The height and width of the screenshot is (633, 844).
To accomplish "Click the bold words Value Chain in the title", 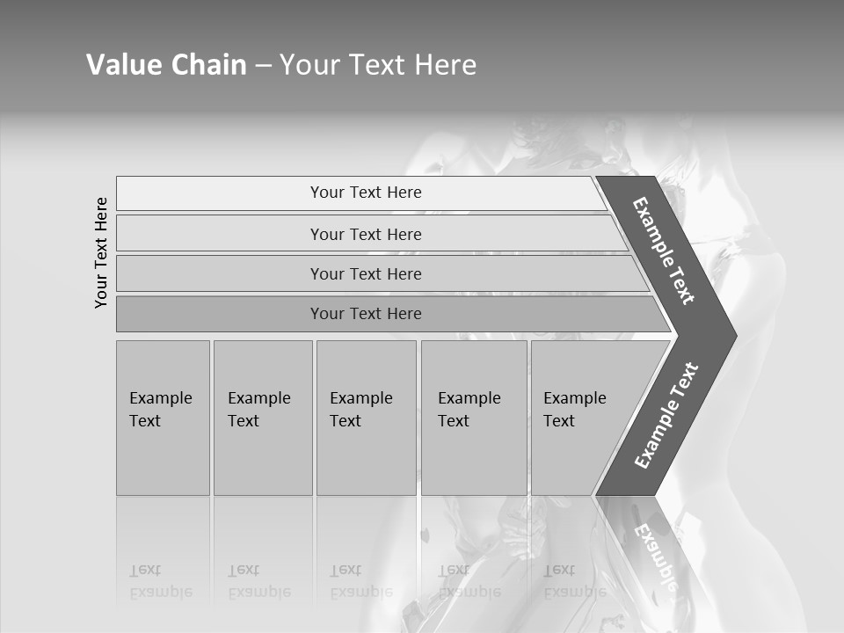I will pos(166,65).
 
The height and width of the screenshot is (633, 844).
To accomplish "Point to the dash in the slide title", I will pos(263,66).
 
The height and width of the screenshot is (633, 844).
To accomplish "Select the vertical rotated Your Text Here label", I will pos(101,252).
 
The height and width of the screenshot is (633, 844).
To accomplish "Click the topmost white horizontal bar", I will pos(360,193).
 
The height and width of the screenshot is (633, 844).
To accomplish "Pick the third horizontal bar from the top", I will pos(378,273).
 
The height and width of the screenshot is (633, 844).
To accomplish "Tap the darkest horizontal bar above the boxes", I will pos(387,314).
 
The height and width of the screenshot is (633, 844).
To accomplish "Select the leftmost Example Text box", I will pos(163,418).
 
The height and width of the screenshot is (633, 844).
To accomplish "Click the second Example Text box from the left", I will pos(262,418).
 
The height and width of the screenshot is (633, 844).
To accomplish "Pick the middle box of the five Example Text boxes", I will pos(366,418).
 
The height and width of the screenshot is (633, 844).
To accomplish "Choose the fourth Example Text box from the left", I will pos(474,418).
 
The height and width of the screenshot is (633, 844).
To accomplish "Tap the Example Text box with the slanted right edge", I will pos(585,418).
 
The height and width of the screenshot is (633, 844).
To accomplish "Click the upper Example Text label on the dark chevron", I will pos(664,251).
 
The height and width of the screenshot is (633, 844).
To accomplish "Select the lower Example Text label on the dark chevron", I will pos(666,416).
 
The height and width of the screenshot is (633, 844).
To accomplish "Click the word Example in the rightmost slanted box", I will pos(574,398).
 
